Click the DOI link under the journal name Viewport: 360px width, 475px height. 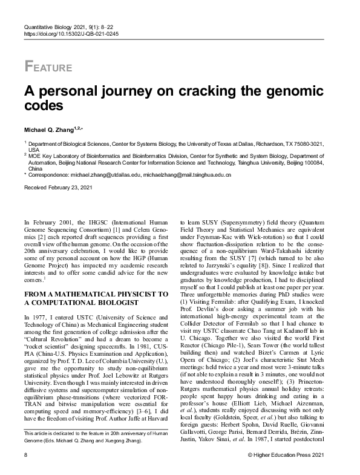[71, 34]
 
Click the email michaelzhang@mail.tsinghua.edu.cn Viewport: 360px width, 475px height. [187, 174]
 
